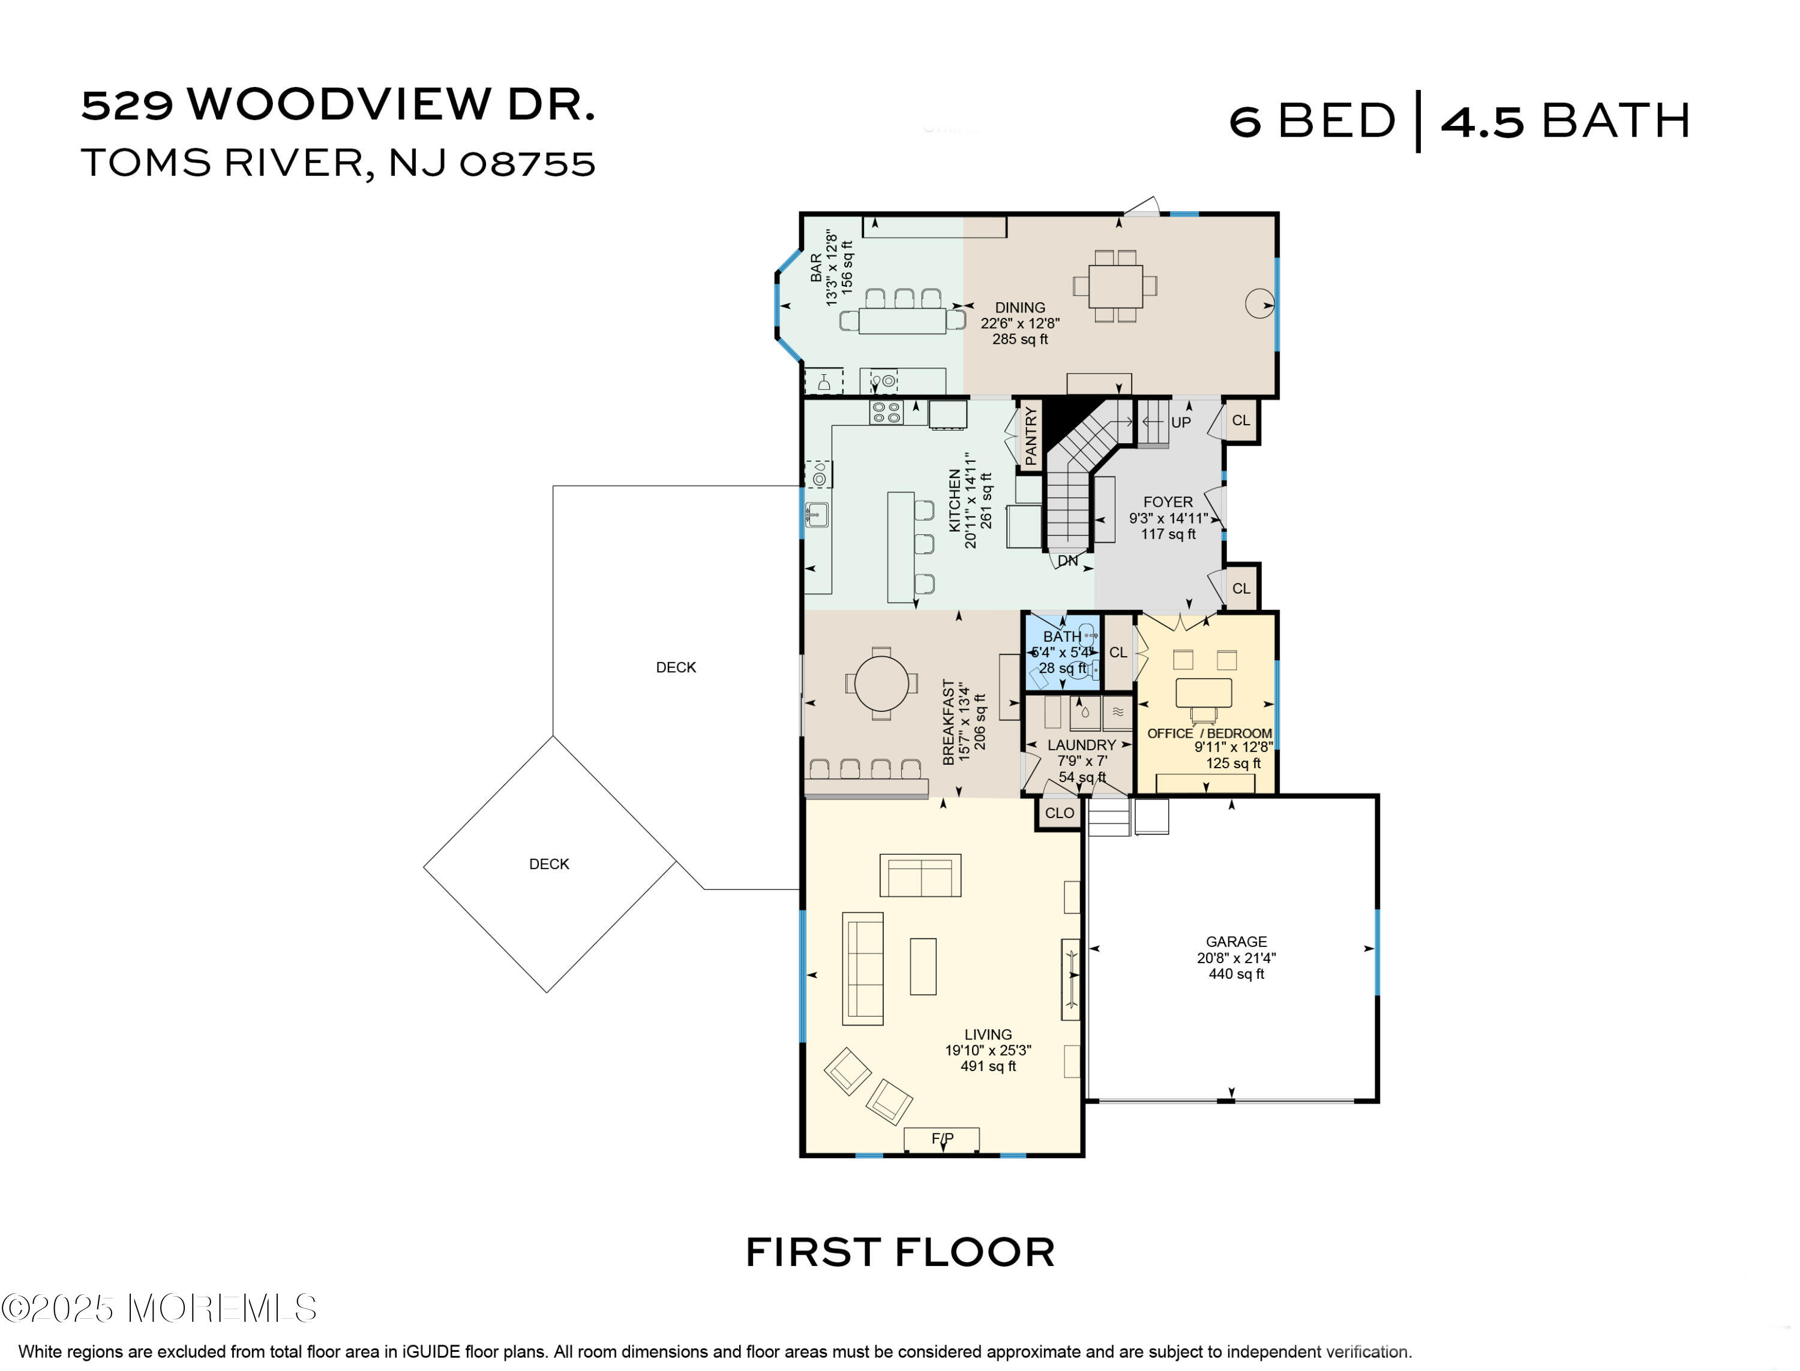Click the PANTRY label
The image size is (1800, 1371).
(1031, 437)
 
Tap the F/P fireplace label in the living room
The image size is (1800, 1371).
(943, 1138)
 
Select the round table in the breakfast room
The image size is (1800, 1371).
(881, 684)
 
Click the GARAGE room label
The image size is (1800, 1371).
(1237, 942)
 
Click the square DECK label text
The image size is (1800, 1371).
(548, 864)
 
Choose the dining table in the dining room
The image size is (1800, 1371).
(1115, 285)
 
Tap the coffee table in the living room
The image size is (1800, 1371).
(923, 966)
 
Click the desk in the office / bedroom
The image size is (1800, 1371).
(1203, 693)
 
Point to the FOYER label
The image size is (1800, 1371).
(1168, 503)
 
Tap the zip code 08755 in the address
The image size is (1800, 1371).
(527, 164)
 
